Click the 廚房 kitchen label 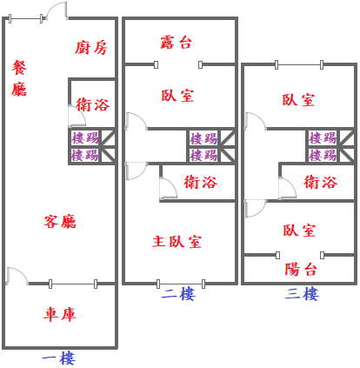91,48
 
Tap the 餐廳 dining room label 19,78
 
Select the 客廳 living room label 60,222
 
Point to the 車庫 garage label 60,314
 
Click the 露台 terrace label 176,43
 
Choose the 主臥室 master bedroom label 177,242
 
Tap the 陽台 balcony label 301,270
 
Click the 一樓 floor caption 59,358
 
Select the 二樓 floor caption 178,294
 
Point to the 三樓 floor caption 302,294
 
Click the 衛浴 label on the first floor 93,104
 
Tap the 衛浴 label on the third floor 321,183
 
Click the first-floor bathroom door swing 77,117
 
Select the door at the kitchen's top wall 57,11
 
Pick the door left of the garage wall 17,276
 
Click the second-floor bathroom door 168,188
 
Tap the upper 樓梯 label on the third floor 323,137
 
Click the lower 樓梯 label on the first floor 85,155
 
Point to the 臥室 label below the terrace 177,96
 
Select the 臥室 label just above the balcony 299,231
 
